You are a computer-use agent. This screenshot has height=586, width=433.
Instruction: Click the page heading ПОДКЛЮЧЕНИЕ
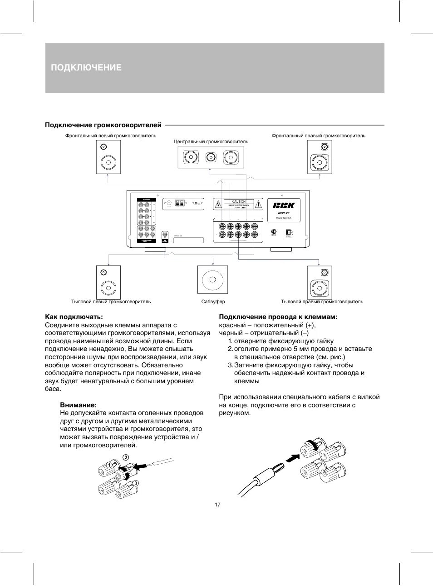[86, 68]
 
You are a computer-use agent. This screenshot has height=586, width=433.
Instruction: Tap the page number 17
[217, 505]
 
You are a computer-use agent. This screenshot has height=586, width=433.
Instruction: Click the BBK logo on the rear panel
[284, 205]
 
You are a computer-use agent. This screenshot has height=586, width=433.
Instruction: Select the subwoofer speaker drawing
[212, 280]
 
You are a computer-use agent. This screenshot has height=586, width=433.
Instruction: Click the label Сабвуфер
[213, 301]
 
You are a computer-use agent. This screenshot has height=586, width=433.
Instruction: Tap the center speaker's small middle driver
[210, 158]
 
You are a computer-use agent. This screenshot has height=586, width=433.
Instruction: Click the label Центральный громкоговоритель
[211, 142]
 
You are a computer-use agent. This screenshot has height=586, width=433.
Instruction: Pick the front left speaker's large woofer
[108, 162]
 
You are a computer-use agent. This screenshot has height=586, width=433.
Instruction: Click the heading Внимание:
[78, 405]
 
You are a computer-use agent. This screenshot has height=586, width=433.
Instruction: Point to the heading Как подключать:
[74, 316]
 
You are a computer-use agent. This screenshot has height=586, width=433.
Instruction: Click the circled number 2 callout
[126, 457]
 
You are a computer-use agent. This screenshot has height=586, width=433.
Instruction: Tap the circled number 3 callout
[135, 483]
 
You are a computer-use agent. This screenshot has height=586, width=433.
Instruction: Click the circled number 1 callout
[109, 465]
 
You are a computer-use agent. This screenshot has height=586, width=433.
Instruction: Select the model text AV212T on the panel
[283, 213]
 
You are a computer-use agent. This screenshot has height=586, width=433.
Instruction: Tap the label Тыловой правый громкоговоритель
[322, 301]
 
